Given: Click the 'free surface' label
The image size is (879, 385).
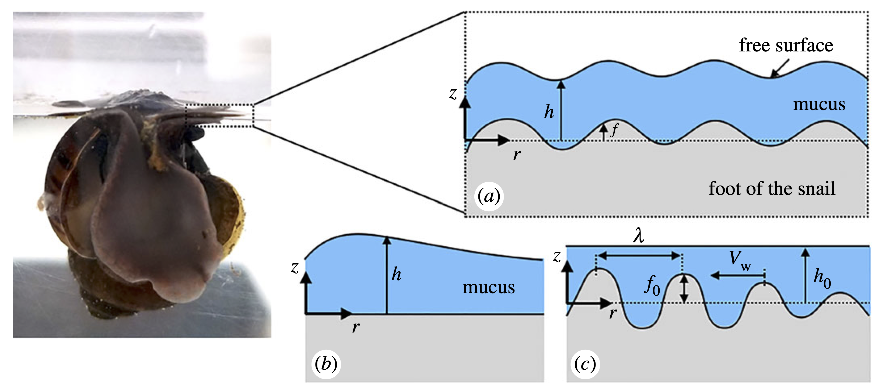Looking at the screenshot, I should pyautogui.click(x=786, y=45).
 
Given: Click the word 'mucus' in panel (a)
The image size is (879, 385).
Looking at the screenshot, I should pyautogui.click(x=819, y=104).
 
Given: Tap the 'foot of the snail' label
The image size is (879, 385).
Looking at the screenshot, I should pyautogui.click(x=772, y=188).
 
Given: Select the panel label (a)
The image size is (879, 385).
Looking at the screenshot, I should pyautogui.click(x=489, y=196).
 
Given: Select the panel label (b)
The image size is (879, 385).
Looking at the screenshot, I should pyautogui.click(x=326, y=364).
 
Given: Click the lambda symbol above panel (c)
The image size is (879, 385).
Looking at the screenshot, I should pyautogui.click(x=638, y=236).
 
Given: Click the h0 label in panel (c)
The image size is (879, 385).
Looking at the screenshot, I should pyautogui.click(x=822, y=278).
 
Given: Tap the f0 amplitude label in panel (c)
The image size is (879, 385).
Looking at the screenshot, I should pyautogui.click(x=652, y=285).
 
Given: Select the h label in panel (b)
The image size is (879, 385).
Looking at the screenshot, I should pyautogui.click(x=396, y=274).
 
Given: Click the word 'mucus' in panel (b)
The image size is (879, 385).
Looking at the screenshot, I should pyautogui.click(x=488, y=287).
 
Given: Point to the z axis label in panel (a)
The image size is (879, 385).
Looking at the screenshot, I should pyautogui.click(x=453, y=93).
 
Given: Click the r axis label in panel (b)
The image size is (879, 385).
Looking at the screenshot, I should pyautogui.click(x=356, y=327).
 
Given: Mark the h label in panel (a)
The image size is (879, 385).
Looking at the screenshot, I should pyautogui.click(x=549, y=112).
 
